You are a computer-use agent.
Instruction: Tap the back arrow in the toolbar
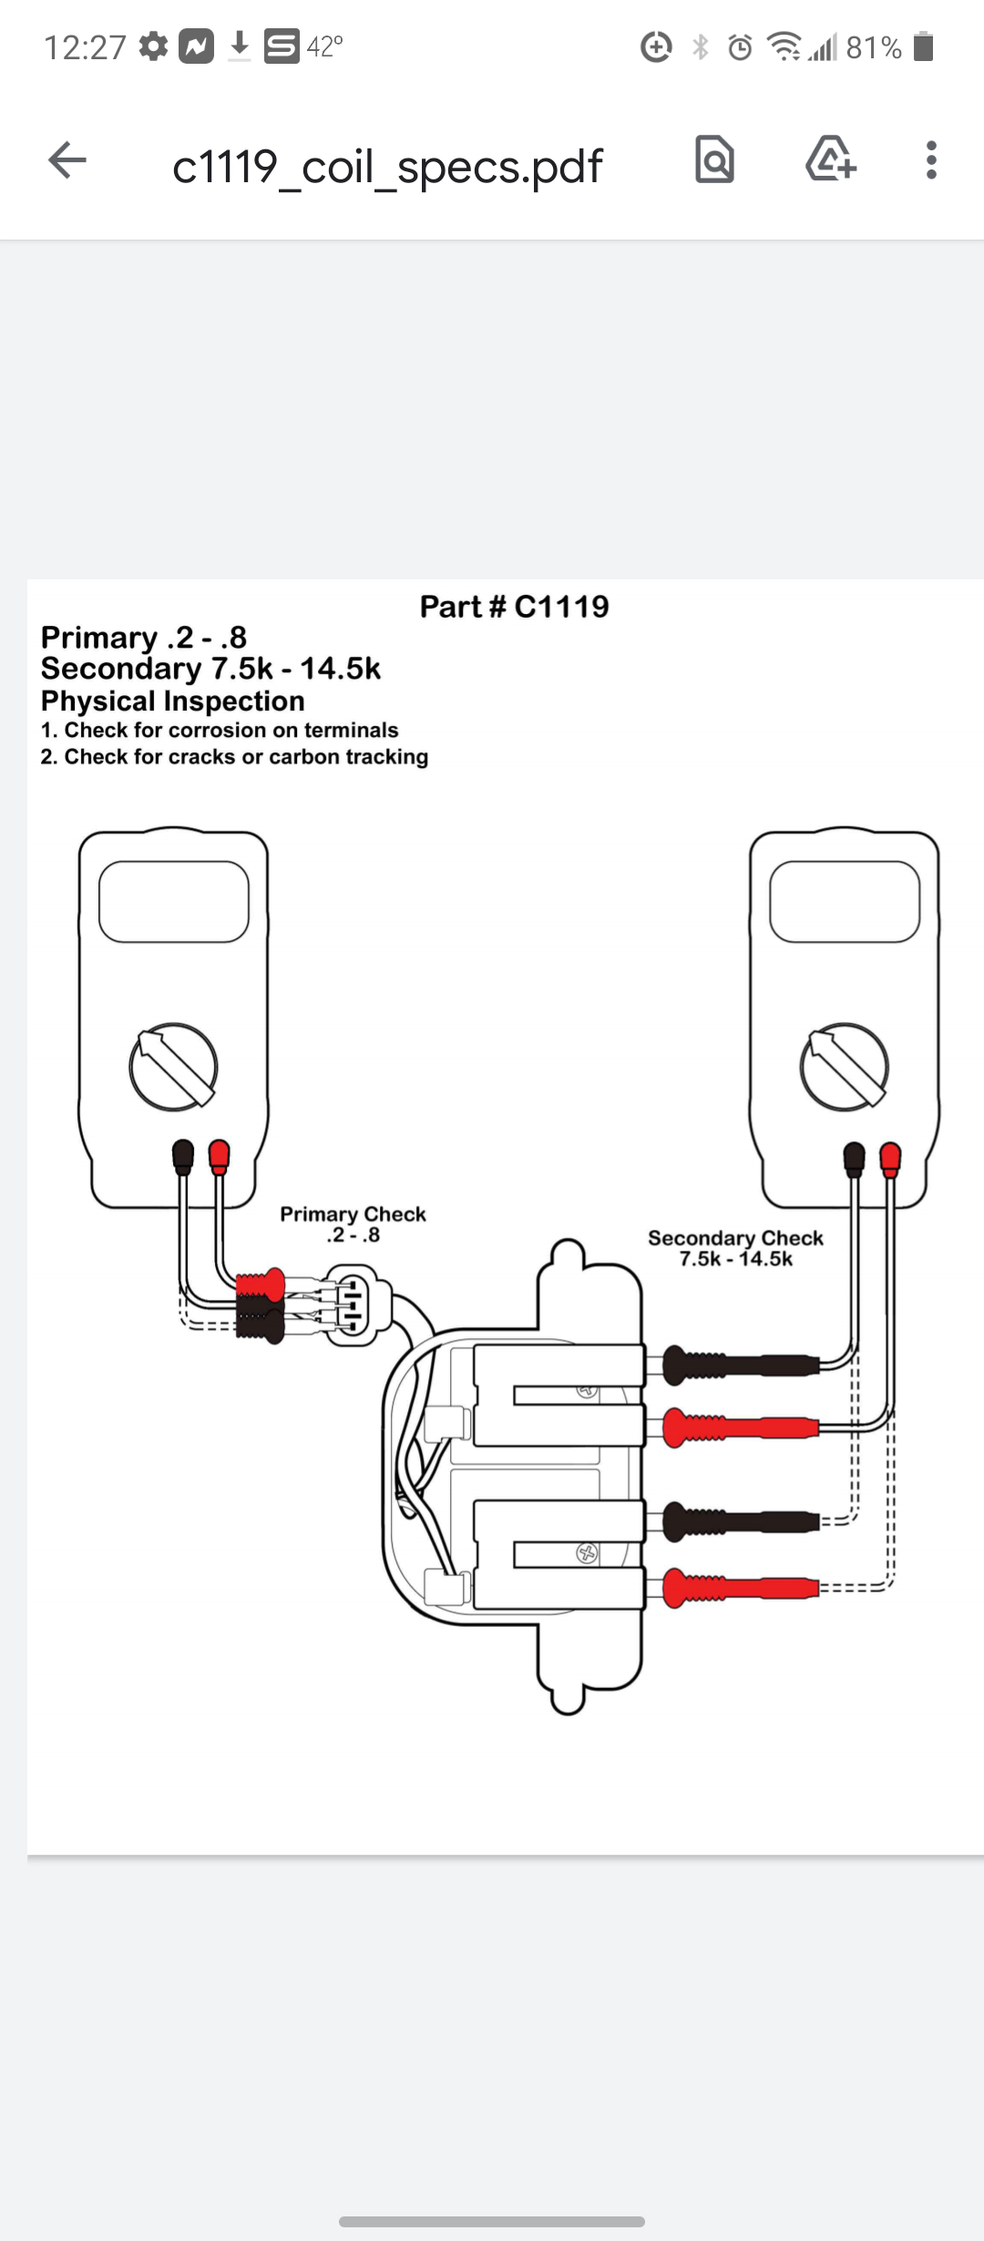point(67,161)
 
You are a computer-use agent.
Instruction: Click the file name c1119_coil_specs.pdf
point(387,167)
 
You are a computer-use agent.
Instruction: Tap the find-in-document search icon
point(714,160)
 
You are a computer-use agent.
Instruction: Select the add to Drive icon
point(830,160)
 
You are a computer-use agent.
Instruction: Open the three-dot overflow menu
point(930,160)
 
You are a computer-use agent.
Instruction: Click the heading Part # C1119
point(514,607)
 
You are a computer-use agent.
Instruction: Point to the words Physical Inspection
point(173,701)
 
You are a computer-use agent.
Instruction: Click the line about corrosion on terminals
point(220,731)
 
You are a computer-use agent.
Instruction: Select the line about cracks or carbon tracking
point(234,757)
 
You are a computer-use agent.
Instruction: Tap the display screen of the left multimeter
point(173,902)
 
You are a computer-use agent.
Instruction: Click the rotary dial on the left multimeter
point(173,1067)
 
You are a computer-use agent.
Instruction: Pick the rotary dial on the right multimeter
point(844,1067)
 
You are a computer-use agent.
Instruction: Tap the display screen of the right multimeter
point(845,902)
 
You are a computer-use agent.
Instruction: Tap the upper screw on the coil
point(587,1391)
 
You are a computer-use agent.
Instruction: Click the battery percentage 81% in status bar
point(873,47)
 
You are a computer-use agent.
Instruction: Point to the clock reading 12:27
point(85,47)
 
